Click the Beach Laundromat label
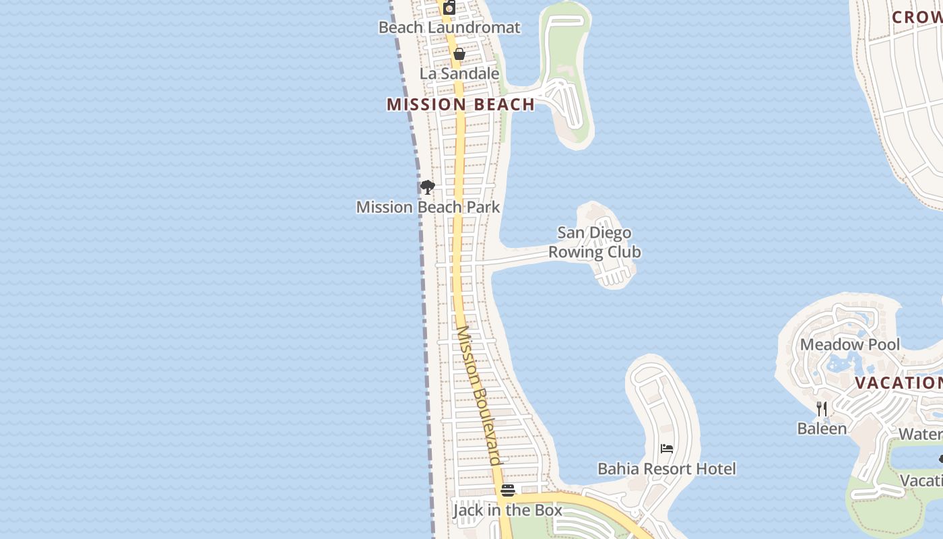click(449, 28)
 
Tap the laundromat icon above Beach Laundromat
click(449, 7)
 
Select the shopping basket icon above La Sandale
click(459, 54)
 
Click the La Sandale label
click(459, 73)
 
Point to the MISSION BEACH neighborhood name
click(461, 104)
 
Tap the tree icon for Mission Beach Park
click(427, 187)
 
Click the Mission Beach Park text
click(428, 207)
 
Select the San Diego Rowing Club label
click(594, 243)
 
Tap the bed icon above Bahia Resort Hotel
click(667, 449)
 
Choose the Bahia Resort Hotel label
click(667, 469)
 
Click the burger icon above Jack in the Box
click(508, 490)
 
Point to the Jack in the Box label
click(507, 510)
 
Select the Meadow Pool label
click(849, 345)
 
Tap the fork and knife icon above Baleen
click(822, 408)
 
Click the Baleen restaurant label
click(822, 429)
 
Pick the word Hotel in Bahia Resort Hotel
click(714, 469)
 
